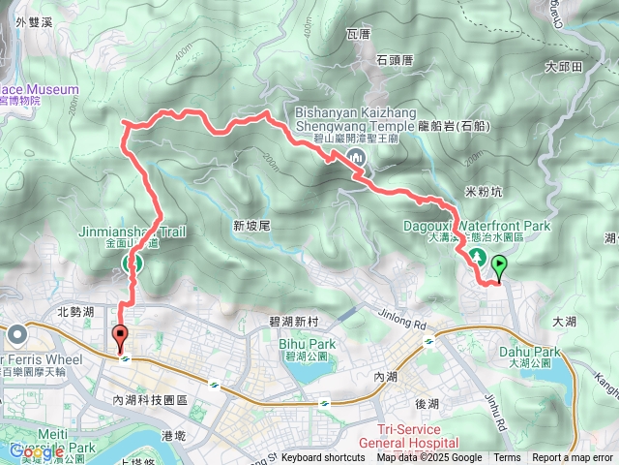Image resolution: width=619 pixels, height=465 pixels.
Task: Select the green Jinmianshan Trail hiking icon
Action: pyautogui.click(x=133, y=263)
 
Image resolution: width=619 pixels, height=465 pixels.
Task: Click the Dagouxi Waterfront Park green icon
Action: pyautogui.click(x=477, y=257)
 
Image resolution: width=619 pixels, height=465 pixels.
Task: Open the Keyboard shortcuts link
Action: pyautogui.click(x=323, y=458)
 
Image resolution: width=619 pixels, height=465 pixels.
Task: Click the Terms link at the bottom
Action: pyautogui.click(x=507, y=458)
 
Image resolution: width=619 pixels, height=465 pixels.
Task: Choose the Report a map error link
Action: pyautogui.click(x=573, y=458)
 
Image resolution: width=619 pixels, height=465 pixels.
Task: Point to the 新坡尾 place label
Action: pyautogui.click(x=251, y=225)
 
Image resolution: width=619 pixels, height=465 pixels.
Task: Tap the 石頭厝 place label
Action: pyautogui.click(x=395, y=59)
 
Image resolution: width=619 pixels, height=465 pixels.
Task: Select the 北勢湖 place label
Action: pyautogui.click(x=75, y=312)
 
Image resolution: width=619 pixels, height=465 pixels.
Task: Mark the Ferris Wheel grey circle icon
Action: pyautogui.click(x=17, y=336)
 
